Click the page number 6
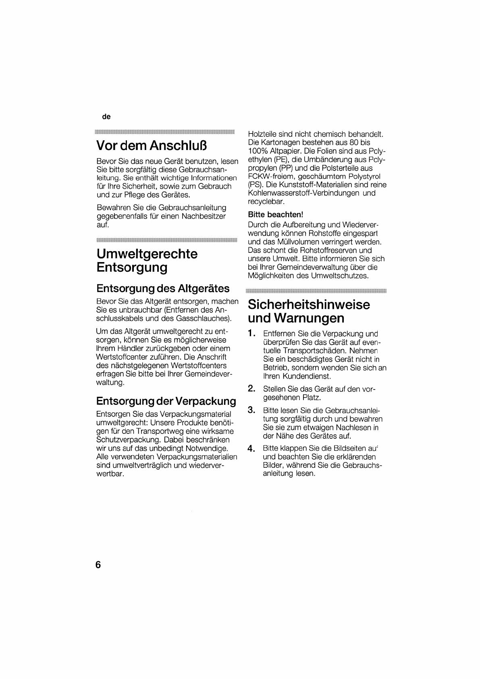[x=98, y=564]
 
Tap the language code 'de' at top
[x=106, y=117]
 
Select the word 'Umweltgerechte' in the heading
[x=147, y=254]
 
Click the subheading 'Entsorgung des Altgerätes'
[x=163, y=288]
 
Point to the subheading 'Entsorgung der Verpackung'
[x=166, y=401]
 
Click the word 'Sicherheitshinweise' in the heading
[x=309, y=304]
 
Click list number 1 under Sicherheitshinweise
[x=251, y=333]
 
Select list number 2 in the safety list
[x=251, y=389]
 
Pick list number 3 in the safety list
[x=251, y=410]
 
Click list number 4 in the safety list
[x=251, y=448]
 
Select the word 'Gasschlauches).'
[x=204, y=319]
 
